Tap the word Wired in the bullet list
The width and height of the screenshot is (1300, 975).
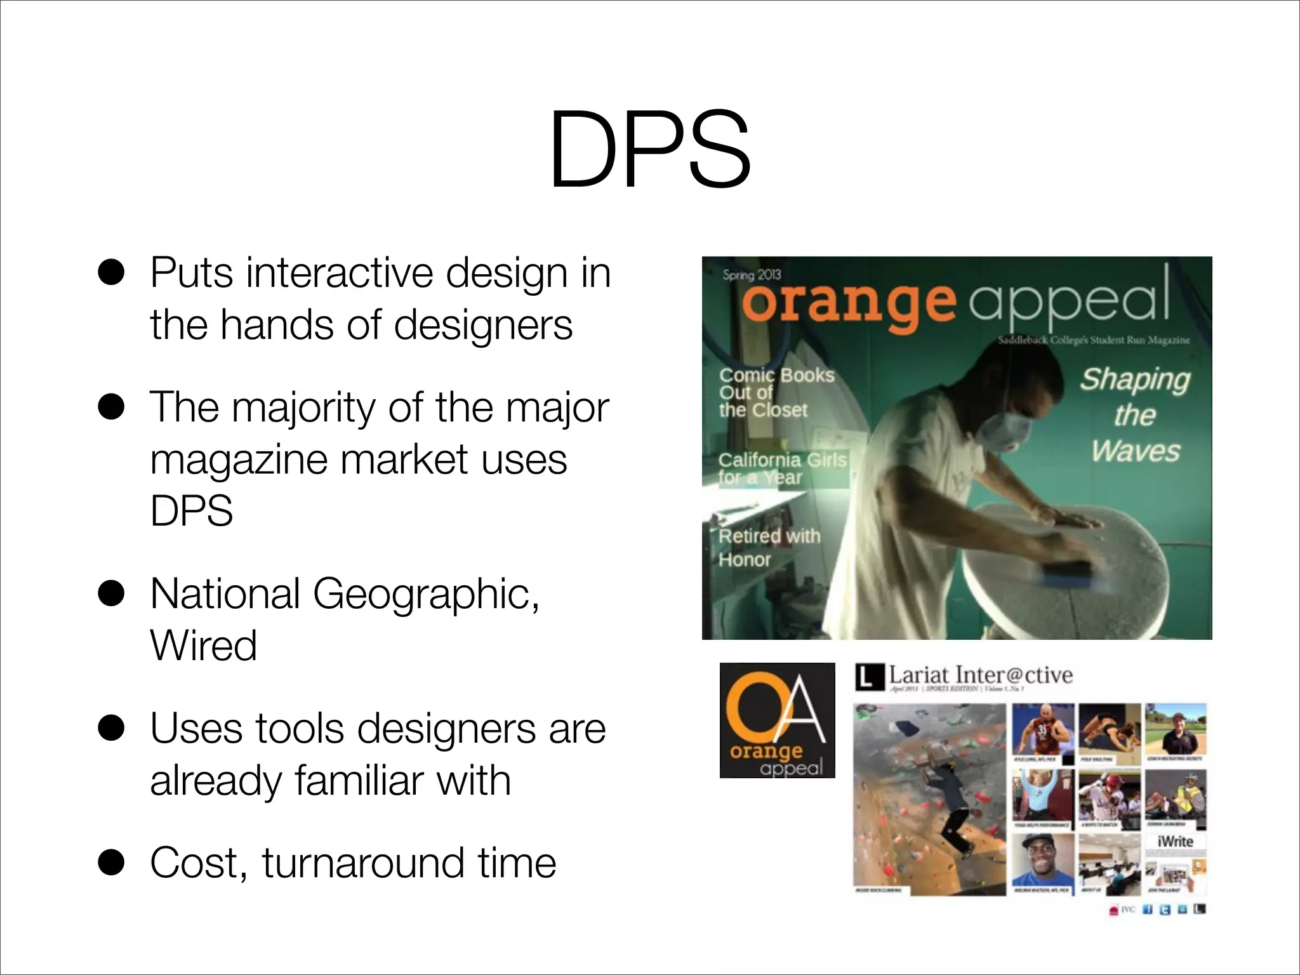(204, 646)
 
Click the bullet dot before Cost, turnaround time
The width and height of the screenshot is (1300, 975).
(112, 863)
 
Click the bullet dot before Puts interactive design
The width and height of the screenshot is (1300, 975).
(112, 274)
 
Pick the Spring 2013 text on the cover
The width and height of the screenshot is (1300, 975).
(752, 275)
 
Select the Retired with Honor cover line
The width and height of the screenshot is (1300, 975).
(769, 548)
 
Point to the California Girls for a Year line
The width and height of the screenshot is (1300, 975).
(782, 468)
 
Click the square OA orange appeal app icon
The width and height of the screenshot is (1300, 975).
(777, 720)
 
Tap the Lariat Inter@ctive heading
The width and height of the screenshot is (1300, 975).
(979, 675)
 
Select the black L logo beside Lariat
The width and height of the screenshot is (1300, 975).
(869, 677)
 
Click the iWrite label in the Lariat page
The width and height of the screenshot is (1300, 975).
(1175, 841)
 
